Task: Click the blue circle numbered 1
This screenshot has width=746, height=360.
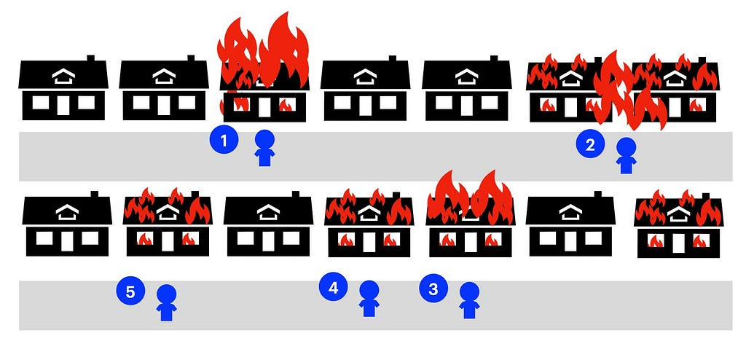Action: tap(224, 140)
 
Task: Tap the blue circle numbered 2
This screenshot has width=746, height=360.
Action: tap(590, 144)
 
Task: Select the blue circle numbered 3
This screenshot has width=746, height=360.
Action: tap(433, 289)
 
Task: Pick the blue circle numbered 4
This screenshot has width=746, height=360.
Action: tap(333, 288)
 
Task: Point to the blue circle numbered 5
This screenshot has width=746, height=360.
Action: tap(130, 292)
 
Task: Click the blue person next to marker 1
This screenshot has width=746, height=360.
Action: tap(264, 148)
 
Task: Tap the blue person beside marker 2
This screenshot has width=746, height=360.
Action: tap(626, 156)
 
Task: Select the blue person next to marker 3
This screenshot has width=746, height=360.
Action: tap(469, 300)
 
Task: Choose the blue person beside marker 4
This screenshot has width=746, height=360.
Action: tap(369, 299)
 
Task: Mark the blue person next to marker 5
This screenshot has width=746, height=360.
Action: tap(167, 302)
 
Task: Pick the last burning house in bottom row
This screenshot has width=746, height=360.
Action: tap(678, 227)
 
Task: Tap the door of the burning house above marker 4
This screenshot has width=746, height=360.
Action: tap(369, 241)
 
